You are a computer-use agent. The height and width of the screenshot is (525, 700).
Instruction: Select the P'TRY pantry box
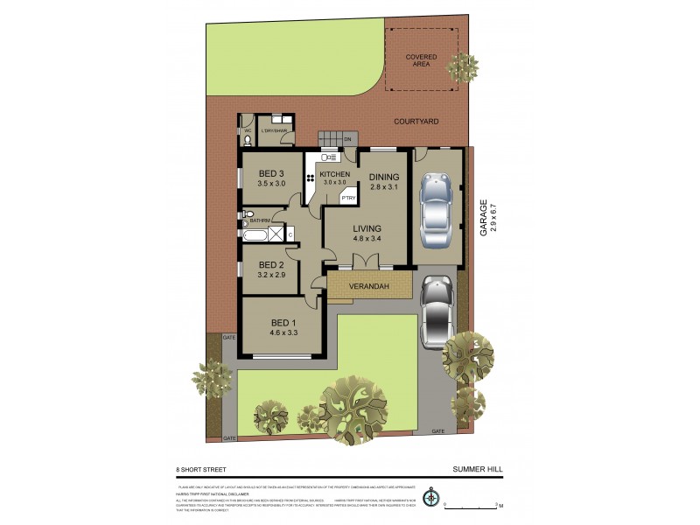pyautogui.click(x=348, y=199)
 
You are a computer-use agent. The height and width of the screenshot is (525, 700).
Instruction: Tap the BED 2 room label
pyautogui.click(x=271, y=265)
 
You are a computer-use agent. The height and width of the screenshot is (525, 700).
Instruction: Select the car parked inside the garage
pyautogui.click(x=434, y=211)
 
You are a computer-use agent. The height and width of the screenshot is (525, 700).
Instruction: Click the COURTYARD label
pyautogui.click(x=416, y=122)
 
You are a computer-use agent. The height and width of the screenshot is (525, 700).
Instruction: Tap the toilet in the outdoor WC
pyautogui.click(x=248, y=137)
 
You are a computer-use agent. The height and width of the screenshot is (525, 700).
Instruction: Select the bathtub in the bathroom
pyautogui.click(x=255, y=234)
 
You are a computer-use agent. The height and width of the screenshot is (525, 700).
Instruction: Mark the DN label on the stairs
pyautogui.click(x=347, y=139)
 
